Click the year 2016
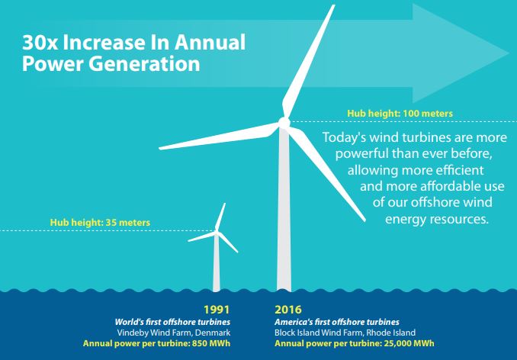(288, 310)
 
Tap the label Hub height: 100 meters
(400, 113)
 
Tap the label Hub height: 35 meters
(100, 223)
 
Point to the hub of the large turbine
(284, 122)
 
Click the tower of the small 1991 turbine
(217, 267)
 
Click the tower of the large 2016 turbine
(284, 221)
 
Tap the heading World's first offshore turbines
(172, 322)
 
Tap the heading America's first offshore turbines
(336, 322)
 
